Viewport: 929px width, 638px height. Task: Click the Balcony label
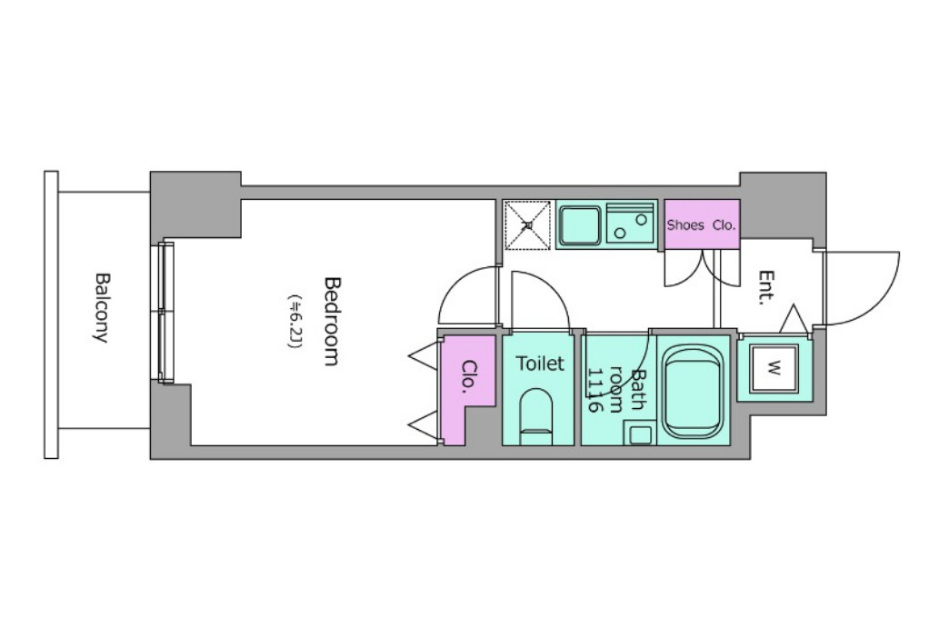tap(102, 307)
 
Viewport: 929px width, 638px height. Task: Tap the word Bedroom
tap(333, 321)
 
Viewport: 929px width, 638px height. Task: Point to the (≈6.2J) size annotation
tap(295, 321)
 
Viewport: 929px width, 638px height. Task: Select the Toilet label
tap(540, 363)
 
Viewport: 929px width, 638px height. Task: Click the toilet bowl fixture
tap(536, 416)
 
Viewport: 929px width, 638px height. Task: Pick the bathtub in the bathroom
tap(694, 391)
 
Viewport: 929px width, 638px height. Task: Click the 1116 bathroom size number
tap(594, 390)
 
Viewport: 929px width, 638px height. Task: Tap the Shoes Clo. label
tap(701, 225)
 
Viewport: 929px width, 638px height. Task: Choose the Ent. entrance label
tap(766, 287)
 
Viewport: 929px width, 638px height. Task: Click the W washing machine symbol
tap(774, 368)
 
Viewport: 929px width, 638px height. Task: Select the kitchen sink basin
tap(581, 225)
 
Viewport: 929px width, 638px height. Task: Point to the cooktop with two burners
tap(630, 225)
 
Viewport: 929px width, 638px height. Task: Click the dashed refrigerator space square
tap(527, 224)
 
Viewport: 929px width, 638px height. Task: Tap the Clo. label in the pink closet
tap(469, 374)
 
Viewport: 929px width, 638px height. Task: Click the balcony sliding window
tap(165, 313)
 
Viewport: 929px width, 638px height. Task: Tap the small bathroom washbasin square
tap(640, 434)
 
